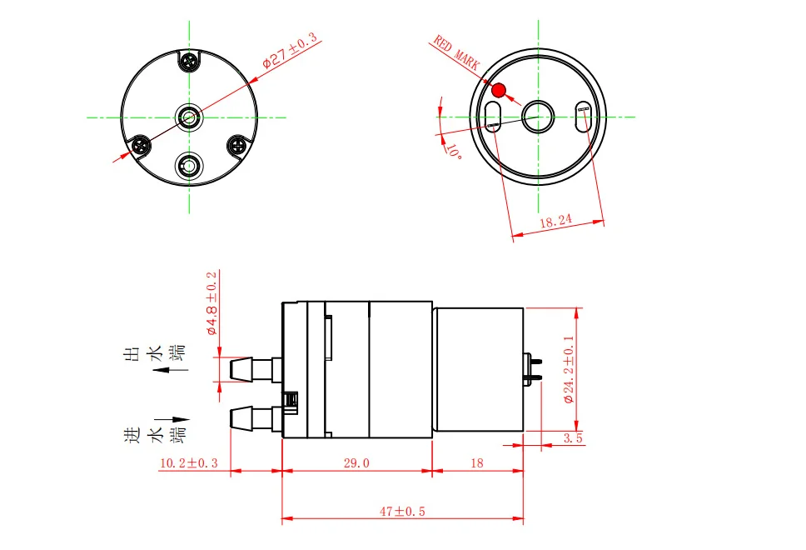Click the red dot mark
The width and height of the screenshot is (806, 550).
tap(499, 90)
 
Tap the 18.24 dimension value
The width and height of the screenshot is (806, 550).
tap(556, 222)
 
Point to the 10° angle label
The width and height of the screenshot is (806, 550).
tap(453, 151)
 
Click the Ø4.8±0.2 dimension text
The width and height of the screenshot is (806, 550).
tap(211, 302)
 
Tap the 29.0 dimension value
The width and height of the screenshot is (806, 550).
tap(356, 463)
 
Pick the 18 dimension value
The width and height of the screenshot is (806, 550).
tap(477, 463)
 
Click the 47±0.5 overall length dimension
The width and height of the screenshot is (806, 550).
tap(402, 512)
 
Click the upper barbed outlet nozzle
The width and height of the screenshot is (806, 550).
tap(250, 368)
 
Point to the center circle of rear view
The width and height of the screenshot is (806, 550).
tap(537, 117)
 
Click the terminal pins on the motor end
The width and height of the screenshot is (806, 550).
tap(534, 368)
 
